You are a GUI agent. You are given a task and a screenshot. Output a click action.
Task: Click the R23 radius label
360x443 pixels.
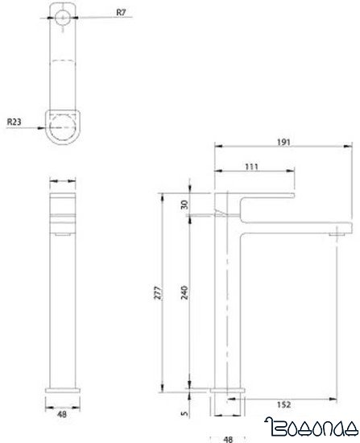point(15,122)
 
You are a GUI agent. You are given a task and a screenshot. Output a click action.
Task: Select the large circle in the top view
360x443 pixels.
point(64,126)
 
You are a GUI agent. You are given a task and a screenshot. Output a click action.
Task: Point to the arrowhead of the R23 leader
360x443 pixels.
point(41,127)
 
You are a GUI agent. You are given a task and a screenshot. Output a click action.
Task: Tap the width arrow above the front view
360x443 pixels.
point(64,181)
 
